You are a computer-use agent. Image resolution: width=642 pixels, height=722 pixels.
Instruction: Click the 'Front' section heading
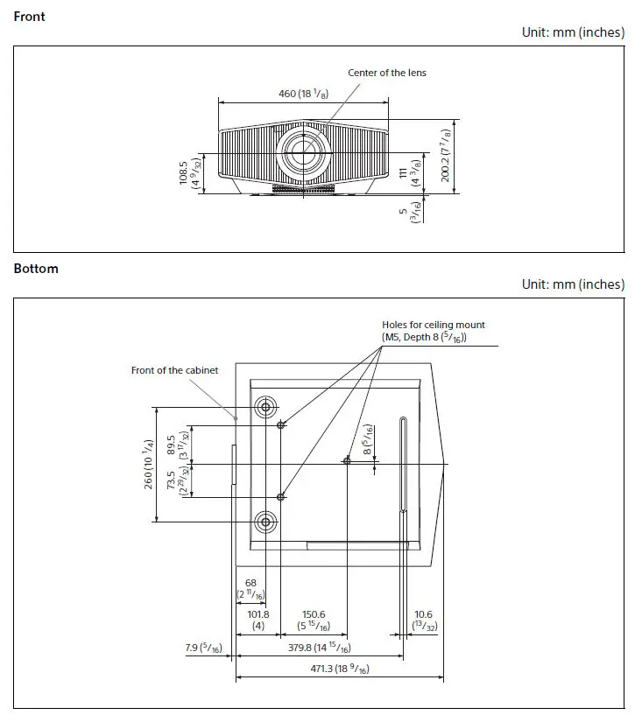click(30, 16)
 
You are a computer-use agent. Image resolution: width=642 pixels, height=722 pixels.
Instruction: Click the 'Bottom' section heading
click(36, 269)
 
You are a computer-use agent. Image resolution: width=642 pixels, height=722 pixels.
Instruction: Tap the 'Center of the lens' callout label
click(387, 73)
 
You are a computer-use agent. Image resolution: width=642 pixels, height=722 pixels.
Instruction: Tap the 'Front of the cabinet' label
click(174, 370)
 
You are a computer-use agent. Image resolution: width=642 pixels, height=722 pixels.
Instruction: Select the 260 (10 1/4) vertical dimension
click(149, 464)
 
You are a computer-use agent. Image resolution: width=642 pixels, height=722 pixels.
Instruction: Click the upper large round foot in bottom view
click(265, 407)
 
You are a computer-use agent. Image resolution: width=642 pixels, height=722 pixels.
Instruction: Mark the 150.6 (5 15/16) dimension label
click(314, 620)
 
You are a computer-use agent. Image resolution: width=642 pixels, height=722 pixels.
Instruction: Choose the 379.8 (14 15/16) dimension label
click(319, 648)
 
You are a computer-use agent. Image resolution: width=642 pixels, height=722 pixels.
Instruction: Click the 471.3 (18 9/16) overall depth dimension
click(339, 669)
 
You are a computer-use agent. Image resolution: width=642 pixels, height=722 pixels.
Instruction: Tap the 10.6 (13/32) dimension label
click(424, 620)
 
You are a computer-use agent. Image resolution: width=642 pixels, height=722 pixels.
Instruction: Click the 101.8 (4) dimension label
click(258, 620)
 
